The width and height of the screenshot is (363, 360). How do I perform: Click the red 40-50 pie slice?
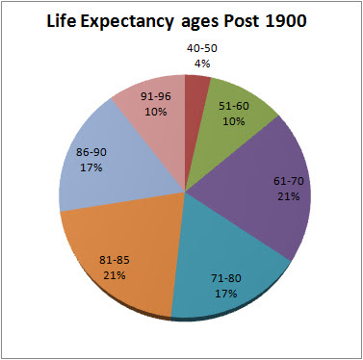coord(196,87)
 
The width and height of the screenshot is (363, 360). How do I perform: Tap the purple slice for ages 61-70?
coord(270,193)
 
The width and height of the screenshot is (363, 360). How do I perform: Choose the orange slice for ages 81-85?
coord(116,250)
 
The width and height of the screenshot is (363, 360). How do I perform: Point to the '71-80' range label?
coord(227,278)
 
